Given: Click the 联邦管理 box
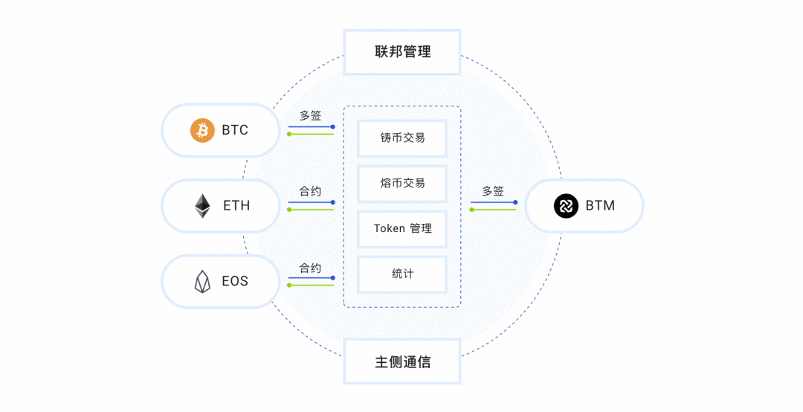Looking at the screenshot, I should tap(402, 52).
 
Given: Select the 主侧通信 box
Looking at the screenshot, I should tap(402, 362).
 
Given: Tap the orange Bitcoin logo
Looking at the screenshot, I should tap(202, 130).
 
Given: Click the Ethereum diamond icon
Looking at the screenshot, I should tap(202, 206).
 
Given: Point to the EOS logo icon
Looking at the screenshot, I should tap(202, 282).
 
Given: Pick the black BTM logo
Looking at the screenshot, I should tap(566, 206).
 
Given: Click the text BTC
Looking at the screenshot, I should tap(235, 130).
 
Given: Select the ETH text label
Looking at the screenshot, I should tap(236, 206).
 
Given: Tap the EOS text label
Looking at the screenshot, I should tap(235, 282).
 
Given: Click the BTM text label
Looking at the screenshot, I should tap(600, 206).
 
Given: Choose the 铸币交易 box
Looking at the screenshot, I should tap(402, 138).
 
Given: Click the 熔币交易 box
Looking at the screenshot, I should tap(402, 183).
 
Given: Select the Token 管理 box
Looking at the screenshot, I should tap(402, 228).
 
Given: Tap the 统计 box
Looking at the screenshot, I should tap(402, 274).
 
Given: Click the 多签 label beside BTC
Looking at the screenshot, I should tap(311, 116).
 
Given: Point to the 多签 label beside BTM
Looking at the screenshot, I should tap(493, 191).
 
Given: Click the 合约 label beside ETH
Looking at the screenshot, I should tap(311, 191).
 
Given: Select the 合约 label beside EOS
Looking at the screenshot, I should tap(311, 267).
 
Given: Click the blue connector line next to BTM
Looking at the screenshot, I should tap(493, 202).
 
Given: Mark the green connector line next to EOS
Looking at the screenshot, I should tap(311, 285).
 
